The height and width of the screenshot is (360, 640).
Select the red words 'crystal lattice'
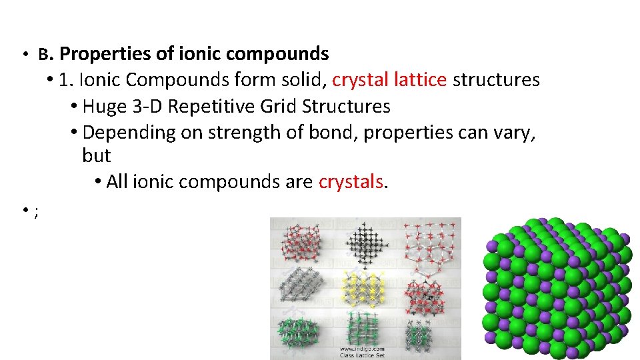(389, 80)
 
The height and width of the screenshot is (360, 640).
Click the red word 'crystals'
(351, 181)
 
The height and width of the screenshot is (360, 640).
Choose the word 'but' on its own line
(96, 156)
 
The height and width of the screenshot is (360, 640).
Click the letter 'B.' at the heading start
(45, 54)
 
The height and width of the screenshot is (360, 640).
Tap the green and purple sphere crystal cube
(557, 289)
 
